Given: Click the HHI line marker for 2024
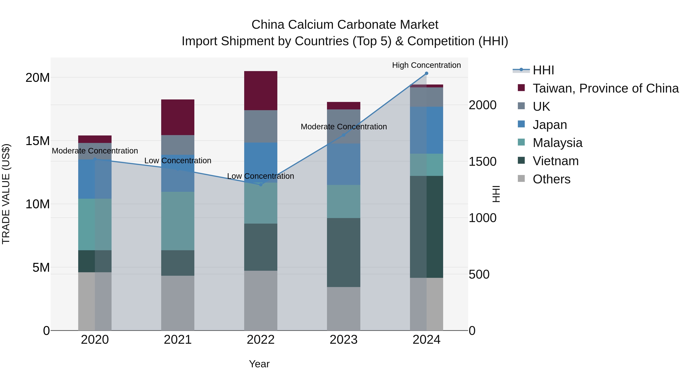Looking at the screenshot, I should pyautogui.click(x=426, y=73).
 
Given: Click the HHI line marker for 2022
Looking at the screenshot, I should pyautogui.click(x=261, y=185).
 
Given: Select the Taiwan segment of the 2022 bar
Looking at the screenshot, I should pyautogui.click(x=261, y=90).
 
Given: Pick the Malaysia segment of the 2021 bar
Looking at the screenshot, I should pyautogui.click(x=178, y=221).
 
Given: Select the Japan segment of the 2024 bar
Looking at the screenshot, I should pyautogui.click(x=426, y=130).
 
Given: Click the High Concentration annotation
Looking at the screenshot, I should pyautogui.click(x=426, y=65).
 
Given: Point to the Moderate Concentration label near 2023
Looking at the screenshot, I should pyautogui.click(x=344, y=127).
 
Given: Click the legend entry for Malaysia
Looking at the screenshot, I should pyautogui.click(x=557, y=143).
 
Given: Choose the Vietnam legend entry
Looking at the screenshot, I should pyautogui.click(x=555, y=161).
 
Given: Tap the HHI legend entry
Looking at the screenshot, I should pyautogui.click(x=543, y=70).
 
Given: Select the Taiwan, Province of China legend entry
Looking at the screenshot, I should pyautogui.click(x=605, y=88).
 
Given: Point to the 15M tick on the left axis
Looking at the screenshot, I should pyautogui.click(x=38, y=141).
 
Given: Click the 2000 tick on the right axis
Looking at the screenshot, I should pyautogui.click(x=482, y=105).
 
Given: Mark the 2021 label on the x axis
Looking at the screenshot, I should pyautogui.click(x=178, y=340).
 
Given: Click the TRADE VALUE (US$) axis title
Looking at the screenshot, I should pyautogui.click(x=6, y=194).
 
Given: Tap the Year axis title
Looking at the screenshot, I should pyautogui.click(x=259, y=364).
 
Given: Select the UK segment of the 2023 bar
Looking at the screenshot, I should pyautogui.click(x=343, y=126).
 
